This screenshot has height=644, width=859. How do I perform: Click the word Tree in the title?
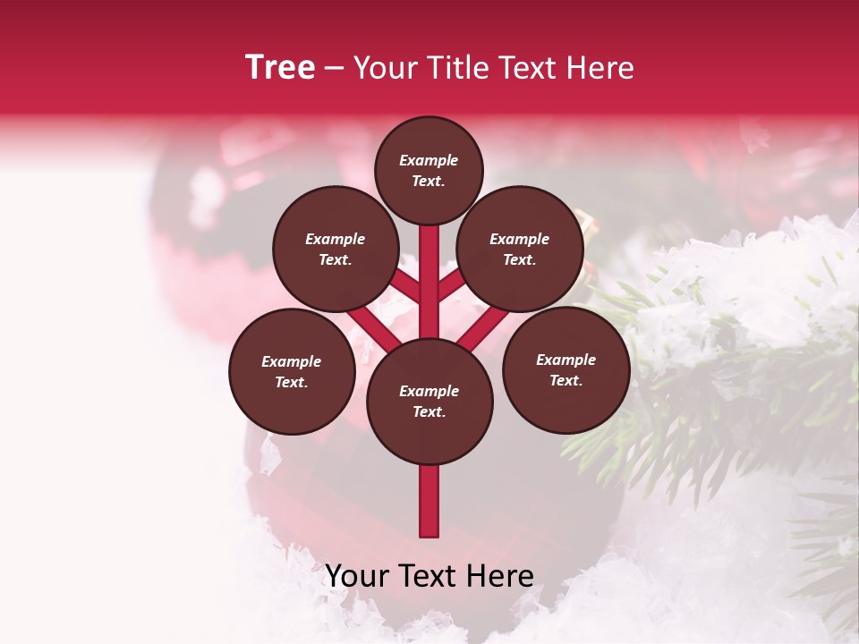[280, 67]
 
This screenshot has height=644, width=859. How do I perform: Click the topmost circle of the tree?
[429, 170]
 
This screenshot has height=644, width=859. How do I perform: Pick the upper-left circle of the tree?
[336, 249]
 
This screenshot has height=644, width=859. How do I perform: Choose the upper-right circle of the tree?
[520, 249]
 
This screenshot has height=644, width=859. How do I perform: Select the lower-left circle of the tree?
[292, 371]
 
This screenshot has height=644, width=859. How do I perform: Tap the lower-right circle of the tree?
[566, 369]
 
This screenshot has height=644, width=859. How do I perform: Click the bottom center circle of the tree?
[429, 401]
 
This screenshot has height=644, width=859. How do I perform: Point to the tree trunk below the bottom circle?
[429, 501]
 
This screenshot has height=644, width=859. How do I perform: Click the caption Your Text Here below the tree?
[429, 576]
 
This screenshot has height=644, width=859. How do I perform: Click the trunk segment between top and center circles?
[429, 282]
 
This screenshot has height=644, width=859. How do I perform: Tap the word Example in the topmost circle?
[429, 161]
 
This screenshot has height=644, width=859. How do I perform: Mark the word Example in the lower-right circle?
[566, 360]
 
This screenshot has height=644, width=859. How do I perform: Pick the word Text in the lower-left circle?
[290, 383]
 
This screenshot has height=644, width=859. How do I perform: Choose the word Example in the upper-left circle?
[336, 239]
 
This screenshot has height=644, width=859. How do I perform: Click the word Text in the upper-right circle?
[518, 260]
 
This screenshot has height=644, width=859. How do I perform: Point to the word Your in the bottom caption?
[357, 576]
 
